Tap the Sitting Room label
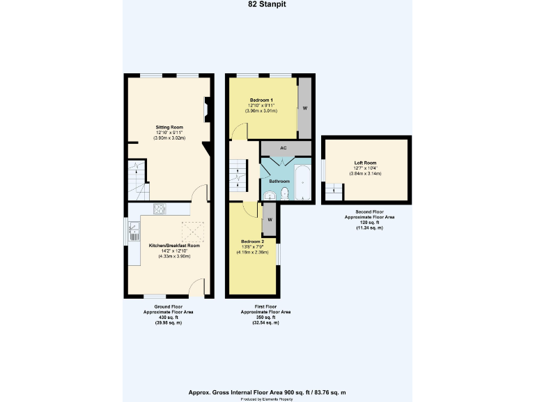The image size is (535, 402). [x=169, y=127]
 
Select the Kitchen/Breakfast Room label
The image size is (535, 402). [x=174, y=246]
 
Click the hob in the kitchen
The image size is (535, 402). [x=159, y=208]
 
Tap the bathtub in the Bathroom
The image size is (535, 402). [x=304, y=182]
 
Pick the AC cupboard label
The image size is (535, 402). [x=283, y=149]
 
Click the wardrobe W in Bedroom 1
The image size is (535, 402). [x=305, y=108]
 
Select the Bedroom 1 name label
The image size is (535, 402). [x=261, y=100]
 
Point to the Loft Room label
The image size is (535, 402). [x=365, y=163]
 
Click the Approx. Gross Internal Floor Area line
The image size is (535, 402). [x=267, y=392]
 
